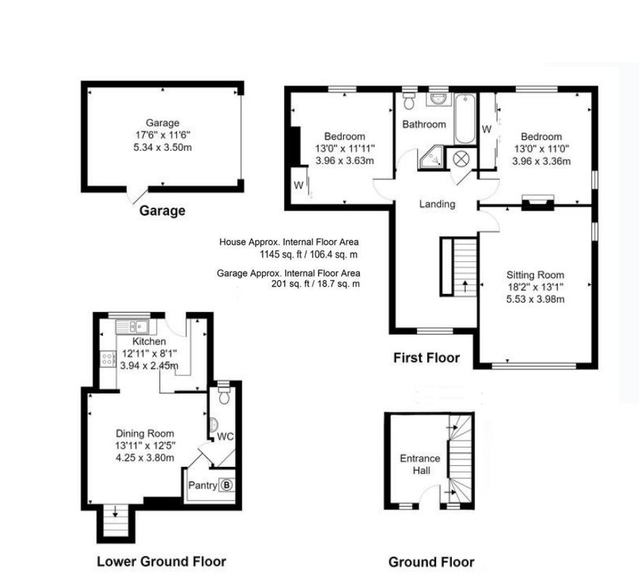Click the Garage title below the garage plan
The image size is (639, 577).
coord(162,211)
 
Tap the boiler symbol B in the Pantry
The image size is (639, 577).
coord(226,485)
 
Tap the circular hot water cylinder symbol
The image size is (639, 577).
coord(461,157)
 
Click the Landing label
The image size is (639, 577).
coord(437,204)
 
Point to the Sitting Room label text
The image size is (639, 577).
coord(535,274)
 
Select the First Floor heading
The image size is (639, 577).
coord(426,357)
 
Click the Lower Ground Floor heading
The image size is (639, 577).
coord(161,561)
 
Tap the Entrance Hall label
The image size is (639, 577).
coord(420,465)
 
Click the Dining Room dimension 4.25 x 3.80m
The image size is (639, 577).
coord(144,458)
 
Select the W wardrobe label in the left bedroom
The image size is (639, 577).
coord(298,185)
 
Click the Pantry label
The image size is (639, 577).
coord(202,486)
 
